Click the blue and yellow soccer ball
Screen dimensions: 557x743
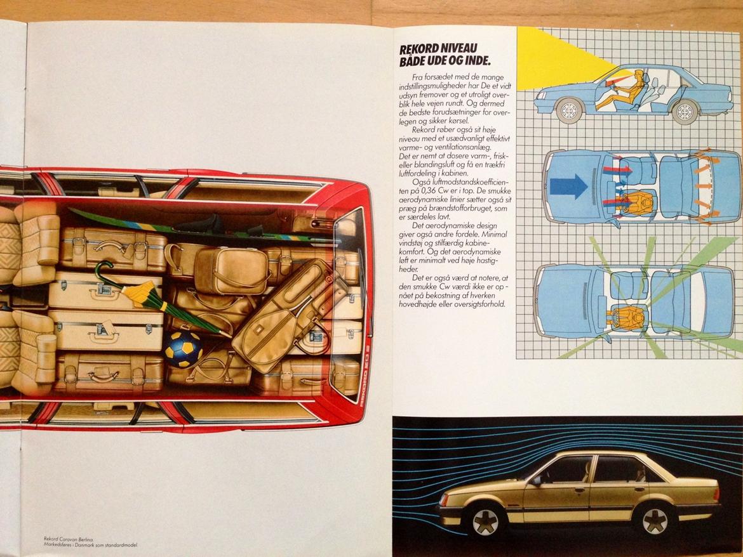click(184, 349)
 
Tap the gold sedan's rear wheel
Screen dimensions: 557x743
click(655, 518)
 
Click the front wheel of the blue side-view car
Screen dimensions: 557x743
click(569, 111)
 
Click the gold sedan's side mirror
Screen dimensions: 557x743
click(537, 480)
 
